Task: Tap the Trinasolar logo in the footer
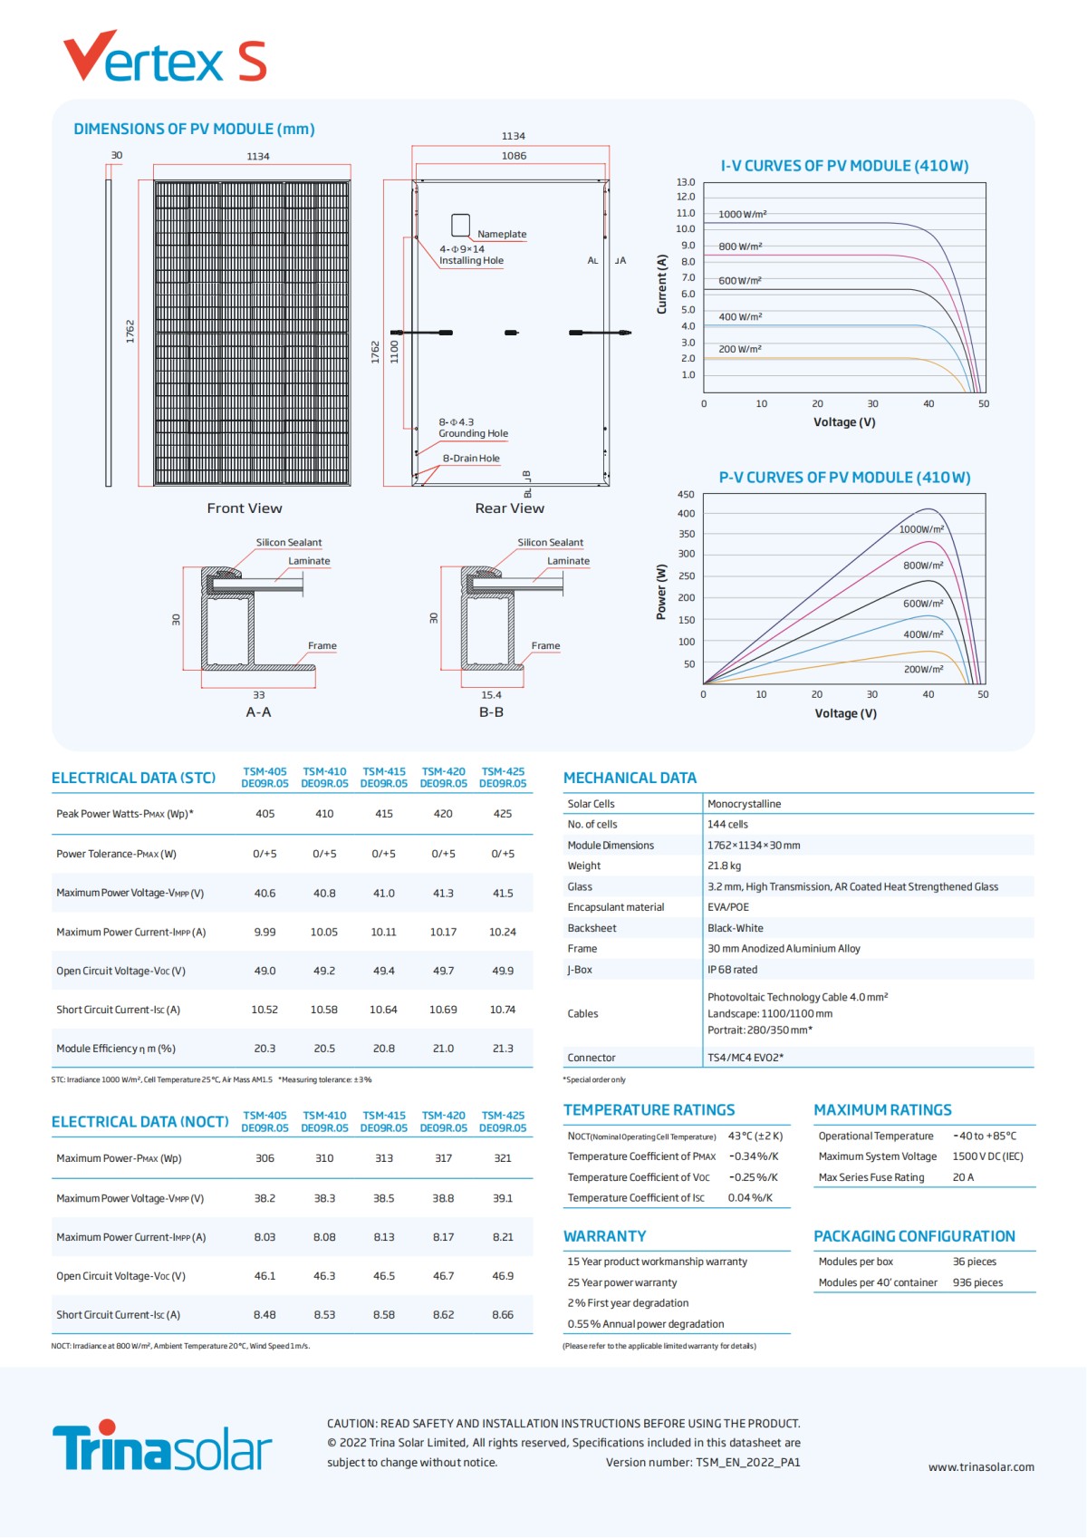[162, 1446]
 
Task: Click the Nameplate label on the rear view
[502, 235]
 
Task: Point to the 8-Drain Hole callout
[471, 459]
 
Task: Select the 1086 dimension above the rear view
[514, 156]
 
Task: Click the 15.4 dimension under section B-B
[491, 695]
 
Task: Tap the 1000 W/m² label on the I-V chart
[742, 215]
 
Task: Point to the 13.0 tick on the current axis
[686, 182]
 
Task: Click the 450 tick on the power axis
[686, 495]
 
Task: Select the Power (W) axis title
[661, 592]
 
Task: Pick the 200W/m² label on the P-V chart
[923, 670]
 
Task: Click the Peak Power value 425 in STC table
[503, 814]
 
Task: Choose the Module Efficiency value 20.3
[265, 1049]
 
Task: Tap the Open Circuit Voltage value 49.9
[503, 971]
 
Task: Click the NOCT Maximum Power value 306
[265, 1158]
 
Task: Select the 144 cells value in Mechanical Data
[727, 825]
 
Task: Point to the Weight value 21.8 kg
[724, 866]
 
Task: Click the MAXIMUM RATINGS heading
[882, 1110]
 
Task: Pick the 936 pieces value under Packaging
[977, 1282]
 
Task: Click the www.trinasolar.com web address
[981, 1467]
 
